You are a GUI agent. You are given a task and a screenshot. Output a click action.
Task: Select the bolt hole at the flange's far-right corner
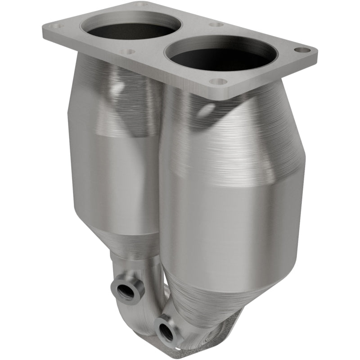[x=302, y=49]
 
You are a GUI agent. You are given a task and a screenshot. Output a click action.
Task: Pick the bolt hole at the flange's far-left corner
[x=57, y=26]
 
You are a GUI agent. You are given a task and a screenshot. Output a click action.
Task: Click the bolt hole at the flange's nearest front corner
[x=218, y=82]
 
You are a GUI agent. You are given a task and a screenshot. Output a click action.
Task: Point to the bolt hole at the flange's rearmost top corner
[x=141, y=4]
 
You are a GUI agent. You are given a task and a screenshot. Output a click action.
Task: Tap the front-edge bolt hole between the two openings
[x=128, y=52]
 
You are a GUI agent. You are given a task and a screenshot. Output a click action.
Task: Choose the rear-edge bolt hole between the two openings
[x=216, y=24]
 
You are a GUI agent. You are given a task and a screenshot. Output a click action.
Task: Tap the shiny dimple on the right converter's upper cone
[x=207, y=110]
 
